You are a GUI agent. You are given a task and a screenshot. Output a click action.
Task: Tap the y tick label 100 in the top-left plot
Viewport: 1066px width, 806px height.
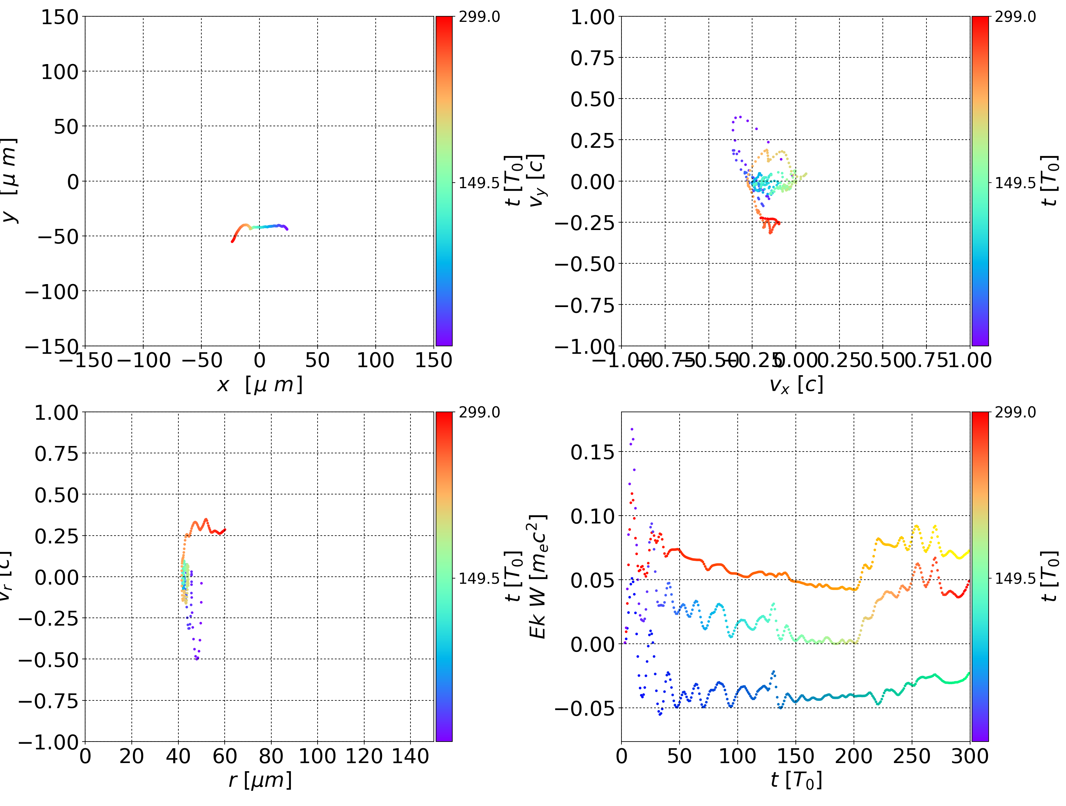pos(59,72)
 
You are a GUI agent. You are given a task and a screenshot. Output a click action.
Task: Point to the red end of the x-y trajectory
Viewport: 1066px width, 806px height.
pos(232,241)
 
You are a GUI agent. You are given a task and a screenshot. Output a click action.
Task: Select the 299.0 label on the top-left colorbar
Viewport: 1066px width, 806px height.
pos(479,17)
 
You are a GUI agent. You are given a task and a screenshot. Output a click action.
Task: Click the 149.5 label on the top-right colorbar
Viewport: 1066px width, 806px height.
pos(1015,183)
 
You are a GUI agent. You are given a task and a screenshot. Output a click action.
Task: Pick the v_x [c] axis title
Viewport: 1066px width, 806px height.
pos(796,384)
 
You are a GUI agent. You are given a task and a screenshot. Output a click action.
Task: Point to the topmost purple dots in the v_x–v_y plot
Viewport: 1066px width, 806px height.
pos(738,117)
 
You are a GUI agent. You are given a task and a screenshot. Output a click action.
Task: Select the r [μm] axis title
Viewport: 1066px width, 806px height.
pos(260,780)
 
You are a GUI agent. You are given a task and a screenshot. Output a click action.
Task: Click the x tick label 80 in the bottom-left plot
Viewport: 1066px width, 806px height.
pos(271,756)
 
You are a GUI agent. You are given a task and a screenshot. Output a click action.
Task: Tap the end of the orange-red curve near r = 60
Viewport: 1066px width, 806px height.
pos(225,530)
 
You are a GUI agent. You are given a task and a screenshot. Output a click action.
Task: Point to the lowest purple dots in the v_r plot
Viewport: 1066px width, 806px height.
pos(197,658)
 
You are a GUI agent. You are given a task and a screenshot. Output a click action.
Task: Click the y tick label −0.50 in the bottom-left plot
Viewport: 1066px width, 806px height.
pos(48,659)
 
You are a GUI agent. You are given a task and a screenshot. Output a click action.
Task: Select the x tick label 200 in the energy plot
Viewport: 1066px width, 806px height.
pos(854,756)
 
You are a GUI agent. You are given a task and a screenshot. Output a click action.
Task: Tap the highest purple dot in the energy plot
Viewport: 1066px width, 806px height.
pos(632,428)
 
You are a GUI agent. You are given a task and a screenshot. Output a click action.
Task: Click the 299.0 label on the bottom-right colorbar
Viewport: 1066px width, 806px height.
pos(1015,412)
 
